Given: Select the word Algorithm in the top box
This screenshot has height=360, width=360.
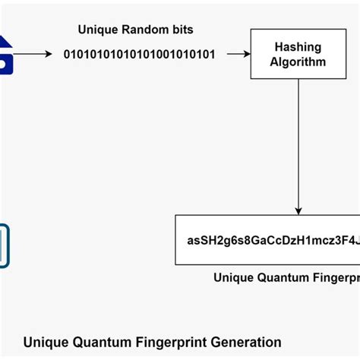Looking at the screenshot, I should tap(297, 62).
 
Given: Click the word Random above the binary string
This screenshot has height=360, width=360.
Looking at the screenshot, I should tap(142, 30).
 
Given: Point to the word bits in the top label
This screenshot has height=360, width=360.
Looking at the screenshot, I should tap(181, 30).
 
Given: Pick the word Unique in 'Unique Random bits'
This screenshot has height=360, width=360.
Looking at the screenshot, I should tap(97, 30).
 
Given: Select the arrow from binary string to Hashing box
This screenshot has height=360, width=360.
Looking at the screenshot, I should tap(238, 54).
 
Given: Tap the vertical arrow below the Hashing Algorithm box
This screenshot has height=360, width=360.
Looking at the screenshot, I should tap(298, 144).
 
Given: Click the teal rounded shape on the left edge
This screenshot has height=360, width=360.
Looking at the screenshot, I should tap(5, 245).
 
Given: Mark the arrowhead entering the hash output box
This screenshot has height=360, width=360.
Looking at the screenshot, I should tap(298, 210).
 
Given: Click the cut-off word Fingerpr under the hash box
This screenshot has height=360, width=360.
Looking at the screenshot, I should tap(334, 278).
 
